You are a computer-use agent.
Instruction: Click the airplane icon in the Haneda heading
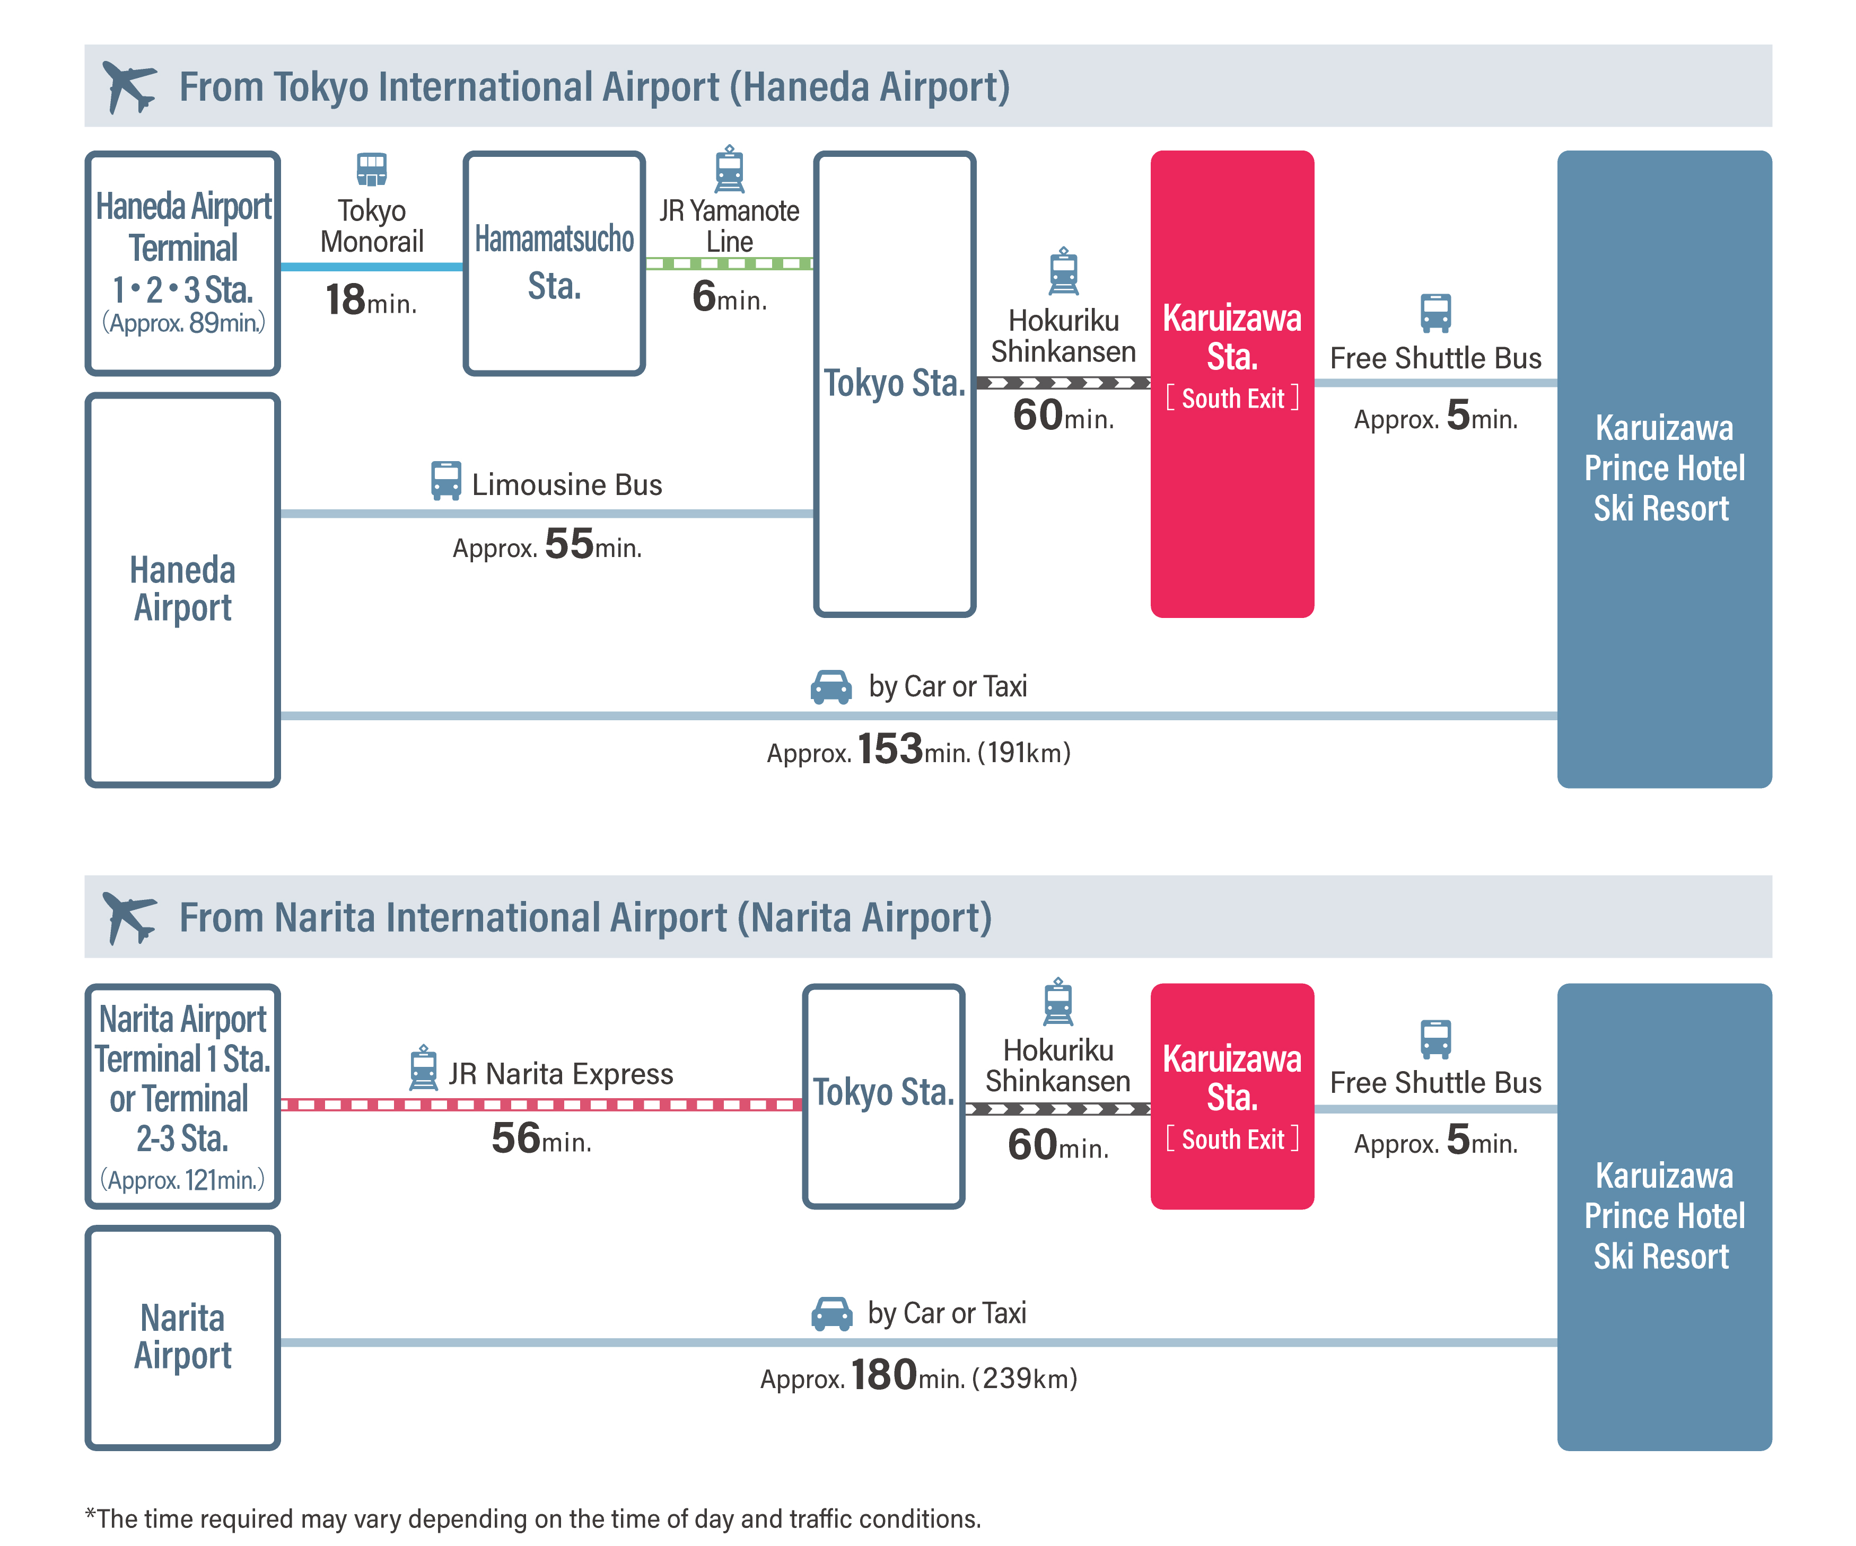129,86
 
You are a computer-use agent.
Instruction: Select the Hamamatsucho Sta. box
554,263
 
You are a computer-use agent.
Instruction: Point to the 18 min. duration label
370,301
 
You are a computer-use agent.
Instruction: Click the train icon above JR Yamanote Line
729,169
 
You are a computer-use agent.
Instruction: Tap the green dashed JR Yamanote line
729,263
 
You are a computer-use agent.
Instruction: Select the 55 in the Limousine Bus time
569,544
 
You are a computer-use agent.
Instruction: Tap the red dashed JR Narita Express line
541,1105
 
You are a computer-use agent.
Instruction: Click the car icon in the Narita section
831,1314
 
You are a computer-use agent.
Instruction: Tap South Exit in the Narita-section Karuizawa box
1232,1139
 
